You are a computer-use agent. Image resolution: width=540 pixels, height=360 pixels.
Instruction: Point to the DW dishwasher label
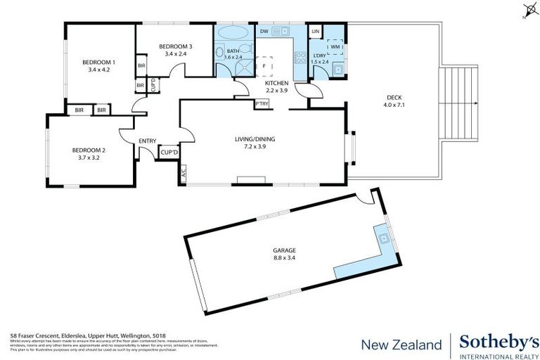pyautogui.click(x=264, y=32)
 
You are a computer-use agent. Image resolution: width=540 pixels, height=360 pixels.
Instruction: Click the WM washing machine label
pyautogui.click(x=334, y=46)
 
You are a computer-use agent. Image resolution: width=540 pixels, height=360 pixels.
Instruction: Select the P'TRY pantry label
pyautogui.click(x=262, y=104)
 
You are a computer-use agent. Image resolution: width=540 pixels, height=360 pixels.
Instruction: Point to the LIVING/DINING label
pyautogui.click(x=255, y=139)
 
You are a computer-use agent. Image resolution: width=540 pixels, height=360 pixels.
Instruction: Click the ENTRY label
pyautogui.click(x=148, y=141)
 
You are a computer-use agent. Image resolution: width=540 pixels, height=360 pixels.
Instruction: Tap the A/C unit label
pyautogui.click(x=184, y=174)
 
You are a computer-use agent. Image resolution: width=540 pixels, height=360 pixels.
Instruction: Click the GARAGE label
pyautogui.click(x=285, y=250)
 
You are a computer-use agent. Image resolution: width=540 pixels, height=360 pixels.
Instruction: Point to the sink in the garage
pyautogui.click(x=385, y=240)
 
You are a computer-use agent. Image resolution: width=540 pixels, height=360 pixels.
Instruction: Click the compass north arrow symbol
pyautogui.click(x=529, y=10)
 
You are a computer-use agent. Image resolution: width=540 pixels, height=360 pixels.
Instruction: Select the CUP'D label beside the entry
pyautogui.click(x=169, y=151)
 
